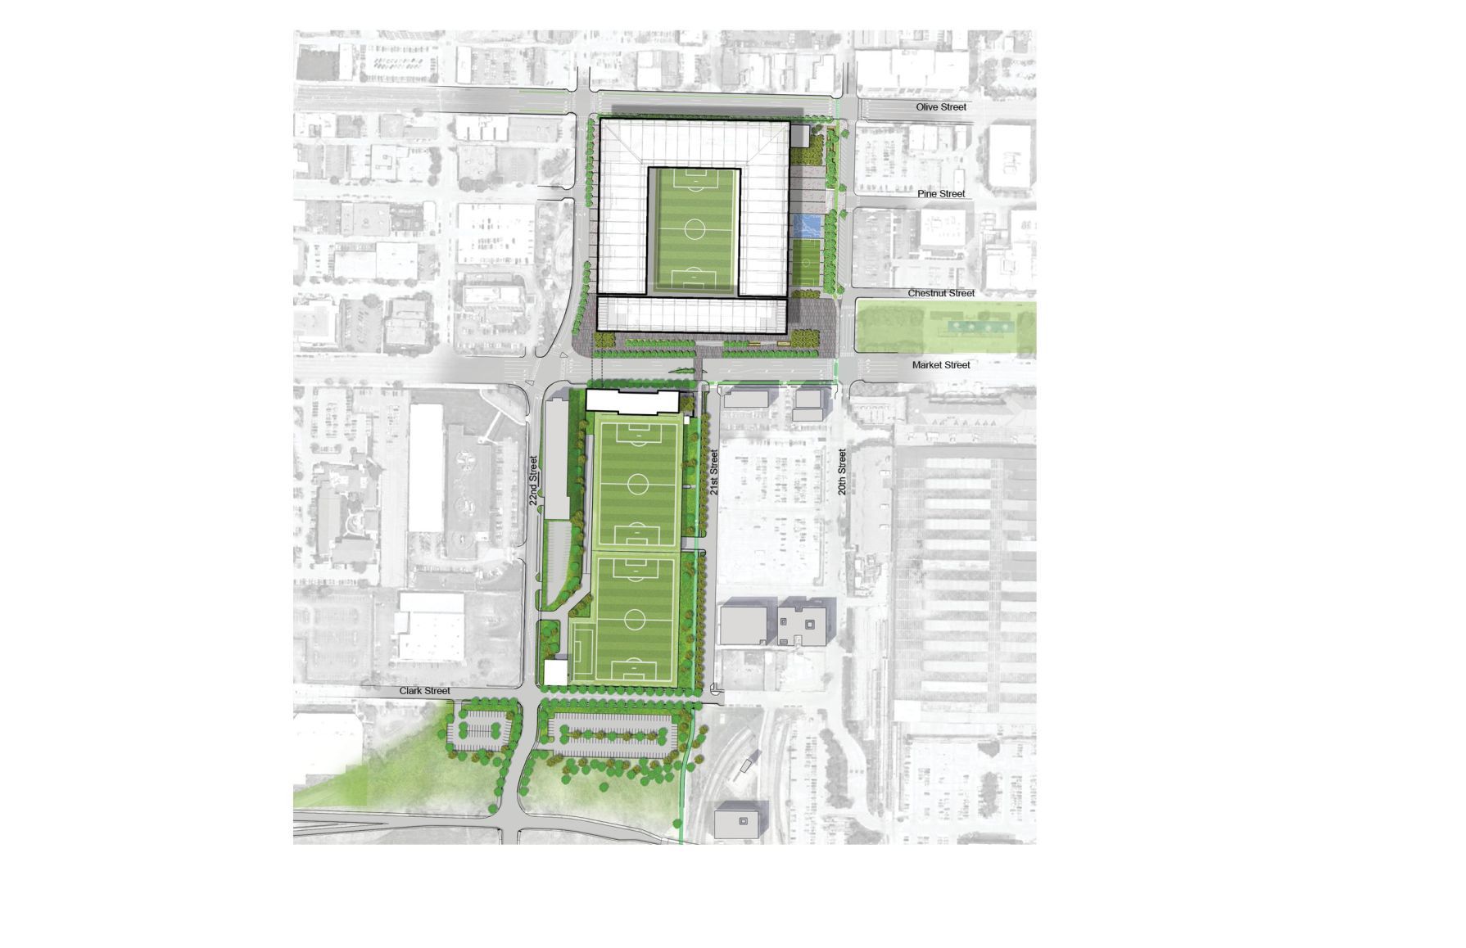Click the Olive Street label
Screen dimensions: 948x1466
point(941,107)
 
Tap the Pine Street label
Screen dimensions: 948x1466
point(941,194)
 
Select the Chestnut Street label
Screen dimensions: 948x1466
point(941,293)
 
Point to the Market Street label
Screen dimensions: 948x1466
point(941,365)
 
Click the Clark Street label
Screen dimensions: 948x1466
point(424,691)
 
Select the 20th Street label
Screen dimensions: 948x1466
point(842,472)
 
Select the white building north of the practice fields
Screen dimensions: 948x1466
point(632,401)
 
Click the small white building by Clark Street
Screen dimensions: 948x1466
point(555,673)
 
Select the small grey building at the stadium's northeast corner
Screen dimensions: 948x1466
point(800,136)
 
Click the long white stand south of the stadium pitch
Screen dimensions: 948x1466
point(691,314)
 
